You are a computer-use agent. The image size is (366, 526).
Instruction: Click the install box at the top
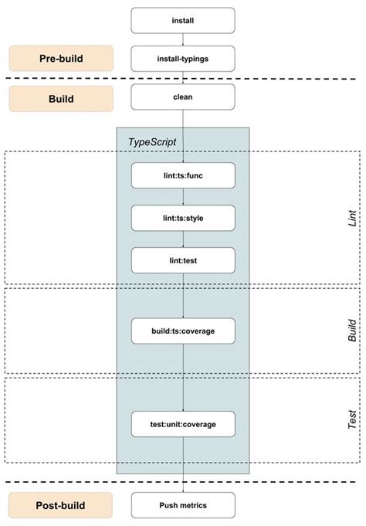[182, 21]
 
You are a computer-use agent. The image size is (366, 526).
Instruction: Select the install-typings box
[182, 59]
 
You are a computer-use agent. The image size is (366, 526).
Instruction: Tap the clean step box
[182, 97]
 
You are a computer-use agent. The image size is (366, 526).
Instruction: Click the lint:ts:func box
[182, 175]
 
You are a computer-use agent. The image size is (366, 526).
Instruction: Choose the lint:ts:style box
[182, 218]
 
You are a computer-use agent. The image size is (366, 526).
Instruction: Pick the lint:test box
[182, 260]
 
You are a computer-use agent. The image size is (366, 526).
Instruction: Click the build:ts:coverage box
[182, 331]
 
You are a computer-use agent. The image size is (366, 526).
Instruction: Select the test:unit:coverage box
[182, 424]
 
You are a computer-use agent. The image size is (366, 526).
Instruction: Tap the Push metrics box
[182, 505]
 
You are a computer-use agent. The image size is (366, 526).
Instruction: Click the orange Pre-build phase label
[61, 59]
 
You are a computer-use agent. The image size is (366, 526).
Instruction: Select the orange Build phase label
[61, 97]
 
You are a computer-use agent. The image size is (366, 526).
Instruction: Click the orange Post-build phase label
[61, 505]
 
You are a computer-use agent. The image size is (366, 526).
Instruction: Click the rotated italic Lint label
[351, 218]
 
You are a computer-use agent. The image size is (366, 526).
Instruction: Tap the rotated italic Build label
[351, 330]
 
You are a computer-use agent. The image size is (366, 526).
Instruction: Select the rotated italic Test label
[351, 421]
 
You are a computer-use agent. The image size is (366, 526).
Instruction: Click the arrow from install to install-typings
[182, 39]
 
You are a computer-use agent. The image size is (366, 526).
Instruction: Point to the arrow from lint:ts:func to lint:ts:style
[182, 196]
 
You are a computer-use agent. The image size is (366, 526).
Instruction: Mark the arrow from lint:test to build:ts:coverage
[182, 295]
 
